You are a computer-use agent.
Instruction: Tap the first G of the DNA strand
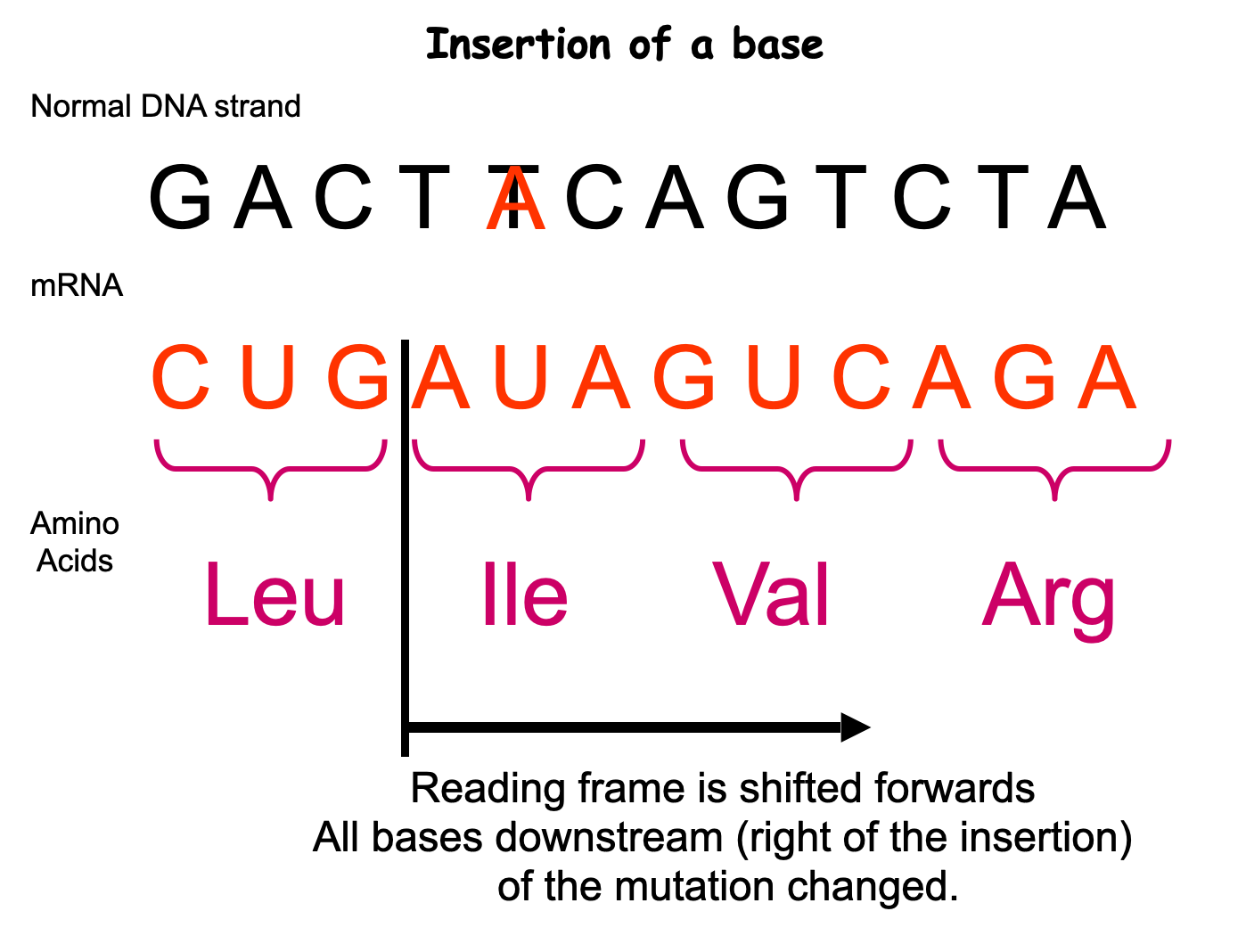pyautogui.click(x=181, y=196)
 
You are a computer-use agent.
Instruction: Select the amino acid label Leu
pyautogui.click(x=275, y=594)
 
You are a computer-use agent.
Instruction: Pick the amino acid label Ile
pyautogui.click(x=525, y=594)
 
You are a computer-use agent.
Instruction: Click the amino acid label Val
pyautogui.click(x=771, y=594)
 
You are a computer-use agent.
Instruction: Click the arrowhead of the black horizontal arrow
pyautogui.click(x=856, y=727)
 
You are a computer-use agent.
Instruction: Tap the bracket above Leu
pyautogui.click(x=271, y=469)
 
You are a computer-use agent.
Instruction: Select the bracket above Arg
pyautogui.click(x=1054, y=469)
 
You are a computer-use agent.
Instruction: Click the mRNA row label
pyautogui.click(x=77, y=285)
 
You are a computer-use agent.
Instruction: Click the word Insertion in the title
pyautogui.click(x=518, y=44)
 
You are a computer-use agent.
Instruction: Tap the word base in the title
pyautogui.click(x=778, y=44)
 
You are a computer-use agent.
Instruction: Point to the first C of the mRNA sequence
pyautogui.click(x=181, y=376)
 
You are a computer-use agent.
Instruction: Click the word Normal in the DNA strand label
pyautogui.click(x=80, y=106)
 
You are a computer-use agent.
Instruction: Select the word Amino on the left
pyautogui.click(x=75, y=522)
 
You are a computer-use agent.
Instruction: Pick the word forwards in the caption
pyautogui.click(x=955, y=788)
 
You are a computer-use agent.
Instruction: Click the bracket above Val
pyautogui.click(x=797, y=469)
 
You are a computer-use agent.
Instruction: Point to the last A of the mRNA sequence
pyautogui.click(x=1107, y=376)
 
